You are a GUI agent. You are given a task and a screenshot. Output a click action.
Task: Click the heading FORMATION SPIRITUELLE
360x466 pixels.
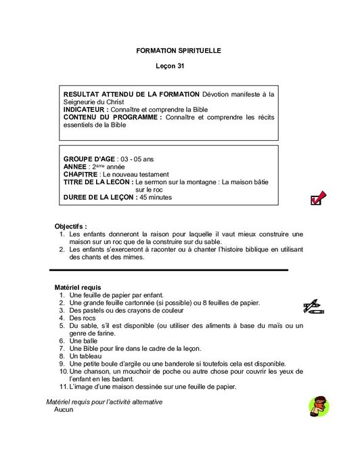click(x=179, y=51)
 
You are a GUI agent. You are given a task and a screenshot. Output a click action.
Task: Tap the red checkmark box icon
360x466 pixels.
click(x=317, y=198)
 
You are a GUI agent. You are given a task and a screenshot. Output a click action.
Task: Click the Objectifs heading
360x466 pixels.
click(x=70, y=226)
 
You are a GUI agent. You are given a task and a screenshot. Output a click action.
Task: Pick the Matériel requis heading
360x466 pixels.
click(x=77, y=288)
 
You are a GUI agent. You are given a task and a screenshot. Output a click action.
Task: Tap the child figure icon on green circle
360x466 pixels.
click(x=318, y=406)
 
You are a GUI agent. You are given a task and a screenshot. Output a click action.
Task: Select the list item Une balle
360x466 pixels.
click(x=82, y=341)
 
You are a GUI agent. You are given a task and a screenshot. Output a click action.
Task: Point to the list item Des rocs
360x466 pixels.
click(x=83, y=318)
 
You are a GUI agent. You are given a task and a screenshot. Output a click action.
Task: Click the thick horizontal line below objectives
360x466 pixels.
click(x=169, y=270)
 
